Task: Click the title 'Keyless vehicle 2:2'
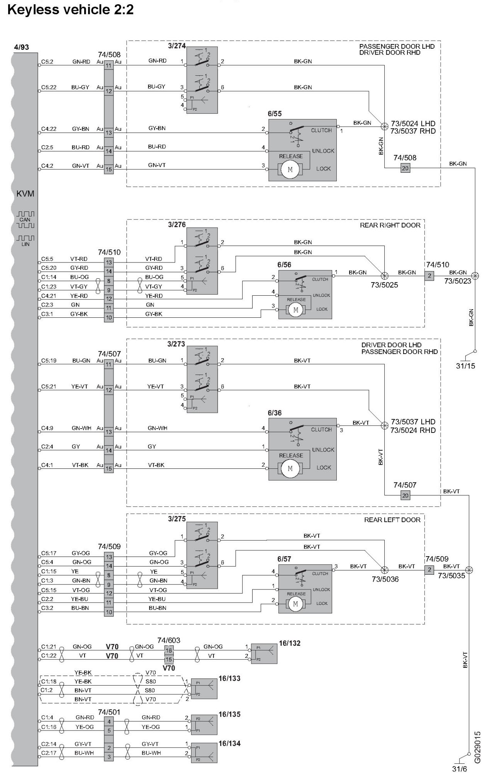[x=70, y=9]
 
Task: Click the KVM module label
[x=25, y=194]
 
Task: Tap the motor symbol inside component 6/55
[x=290, y=169]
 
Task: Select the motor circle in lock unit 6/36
[x=290, y=468]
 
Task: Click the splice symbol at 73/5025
[x=384, y=276]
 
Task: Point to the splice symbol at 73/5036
[x=384, y=570]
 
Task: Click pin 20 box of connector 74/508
[x=405, y=168]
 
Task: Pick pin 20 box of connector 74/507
[x=405, y=495]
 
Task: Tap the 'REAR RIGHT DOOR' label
[x=390, y=225]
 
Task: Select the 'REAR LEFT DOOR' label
[x=392, y=520]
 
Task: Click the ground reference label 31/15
[x=465, y=366]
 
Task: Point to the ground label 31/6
[x=460, y=768]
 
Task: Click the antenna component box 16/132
[x=264, y=654]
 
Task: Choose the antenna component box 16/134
[x=204, y=753]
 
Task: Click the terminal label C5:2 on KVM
[x=47, y=61]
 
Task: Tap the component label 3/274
[x=176, y=46]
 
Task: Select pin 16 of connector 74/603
[x=169, y=650]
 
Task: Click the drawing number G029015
[x=477, y=747]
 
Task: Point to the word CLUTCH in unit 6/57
[x=320, y=574]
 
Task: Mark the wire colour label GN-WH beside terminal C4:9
[x=81, y=428]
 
